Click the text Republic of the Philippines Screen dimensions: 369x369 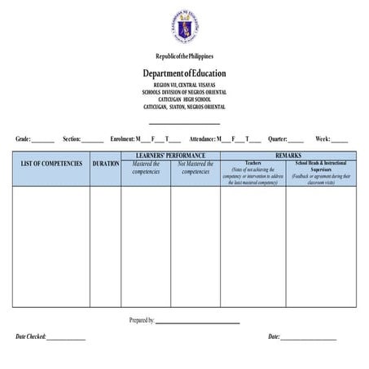click(185, 55)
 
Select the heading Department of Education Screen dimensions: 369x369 click(185, 73)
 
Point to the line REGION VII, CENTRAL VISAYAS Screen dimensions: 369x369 click(185, 85)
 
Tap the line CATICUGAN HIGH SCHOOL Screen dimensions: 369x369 click(185, 99)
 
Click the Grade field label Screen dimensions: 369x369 click(23, 139)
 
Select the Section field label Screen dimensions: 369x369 click(72, 139)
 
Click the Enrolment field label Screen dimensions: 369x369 click(121, 139)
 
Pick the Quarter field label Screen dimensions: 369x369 click(277, 139)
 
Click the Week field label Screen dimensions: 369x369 click(323, 139)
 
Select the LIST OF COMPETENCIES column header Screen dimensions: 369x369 click(51, 164)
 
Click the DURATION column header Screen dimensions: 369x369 click(106, 164)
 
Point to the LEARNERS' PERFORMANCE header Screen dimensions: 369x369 click(170, 155)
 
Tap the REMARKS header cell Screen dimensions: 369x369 click(288, 155)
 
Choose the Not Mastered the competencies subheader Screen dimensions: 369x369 click(195, 168)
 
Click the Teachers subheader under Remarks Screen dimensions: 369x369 click(253, 163)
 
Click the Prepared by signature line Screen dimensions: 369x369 click(198, 321)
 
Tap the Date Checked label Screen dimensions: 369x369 click(31, 336)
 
